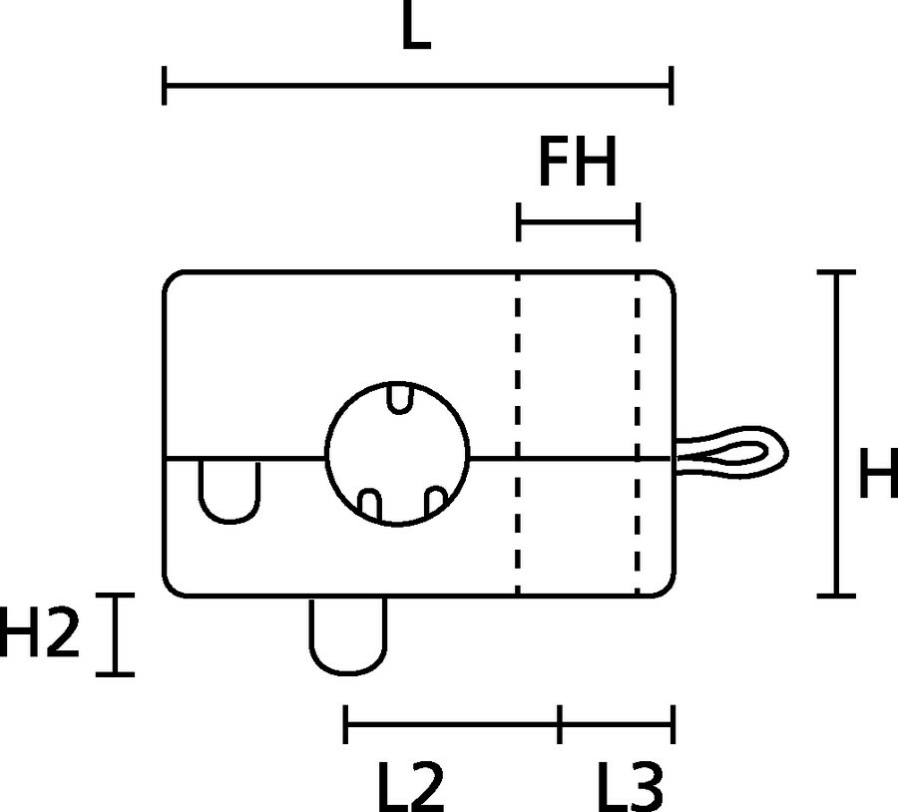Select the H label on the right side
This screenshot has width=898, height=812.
879,477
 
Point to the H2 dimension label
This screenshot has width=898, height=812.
38,632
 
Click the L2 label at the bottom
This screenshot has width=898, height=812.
410,785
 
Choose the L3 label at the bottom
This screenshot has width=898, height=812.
630,785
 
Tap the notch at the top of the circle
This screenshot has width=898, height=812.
399,397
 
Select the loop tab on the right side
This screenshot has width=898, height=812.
733,455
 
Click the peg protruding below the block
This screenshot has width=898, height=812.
349,632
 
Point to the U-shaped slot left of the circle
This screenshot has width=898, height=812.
230,489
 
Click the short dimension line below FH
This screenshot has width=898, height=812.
578,223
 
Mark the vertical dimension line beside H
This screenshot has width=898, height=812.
835,434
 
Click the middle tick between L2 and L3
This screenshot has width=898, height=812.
560,724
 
